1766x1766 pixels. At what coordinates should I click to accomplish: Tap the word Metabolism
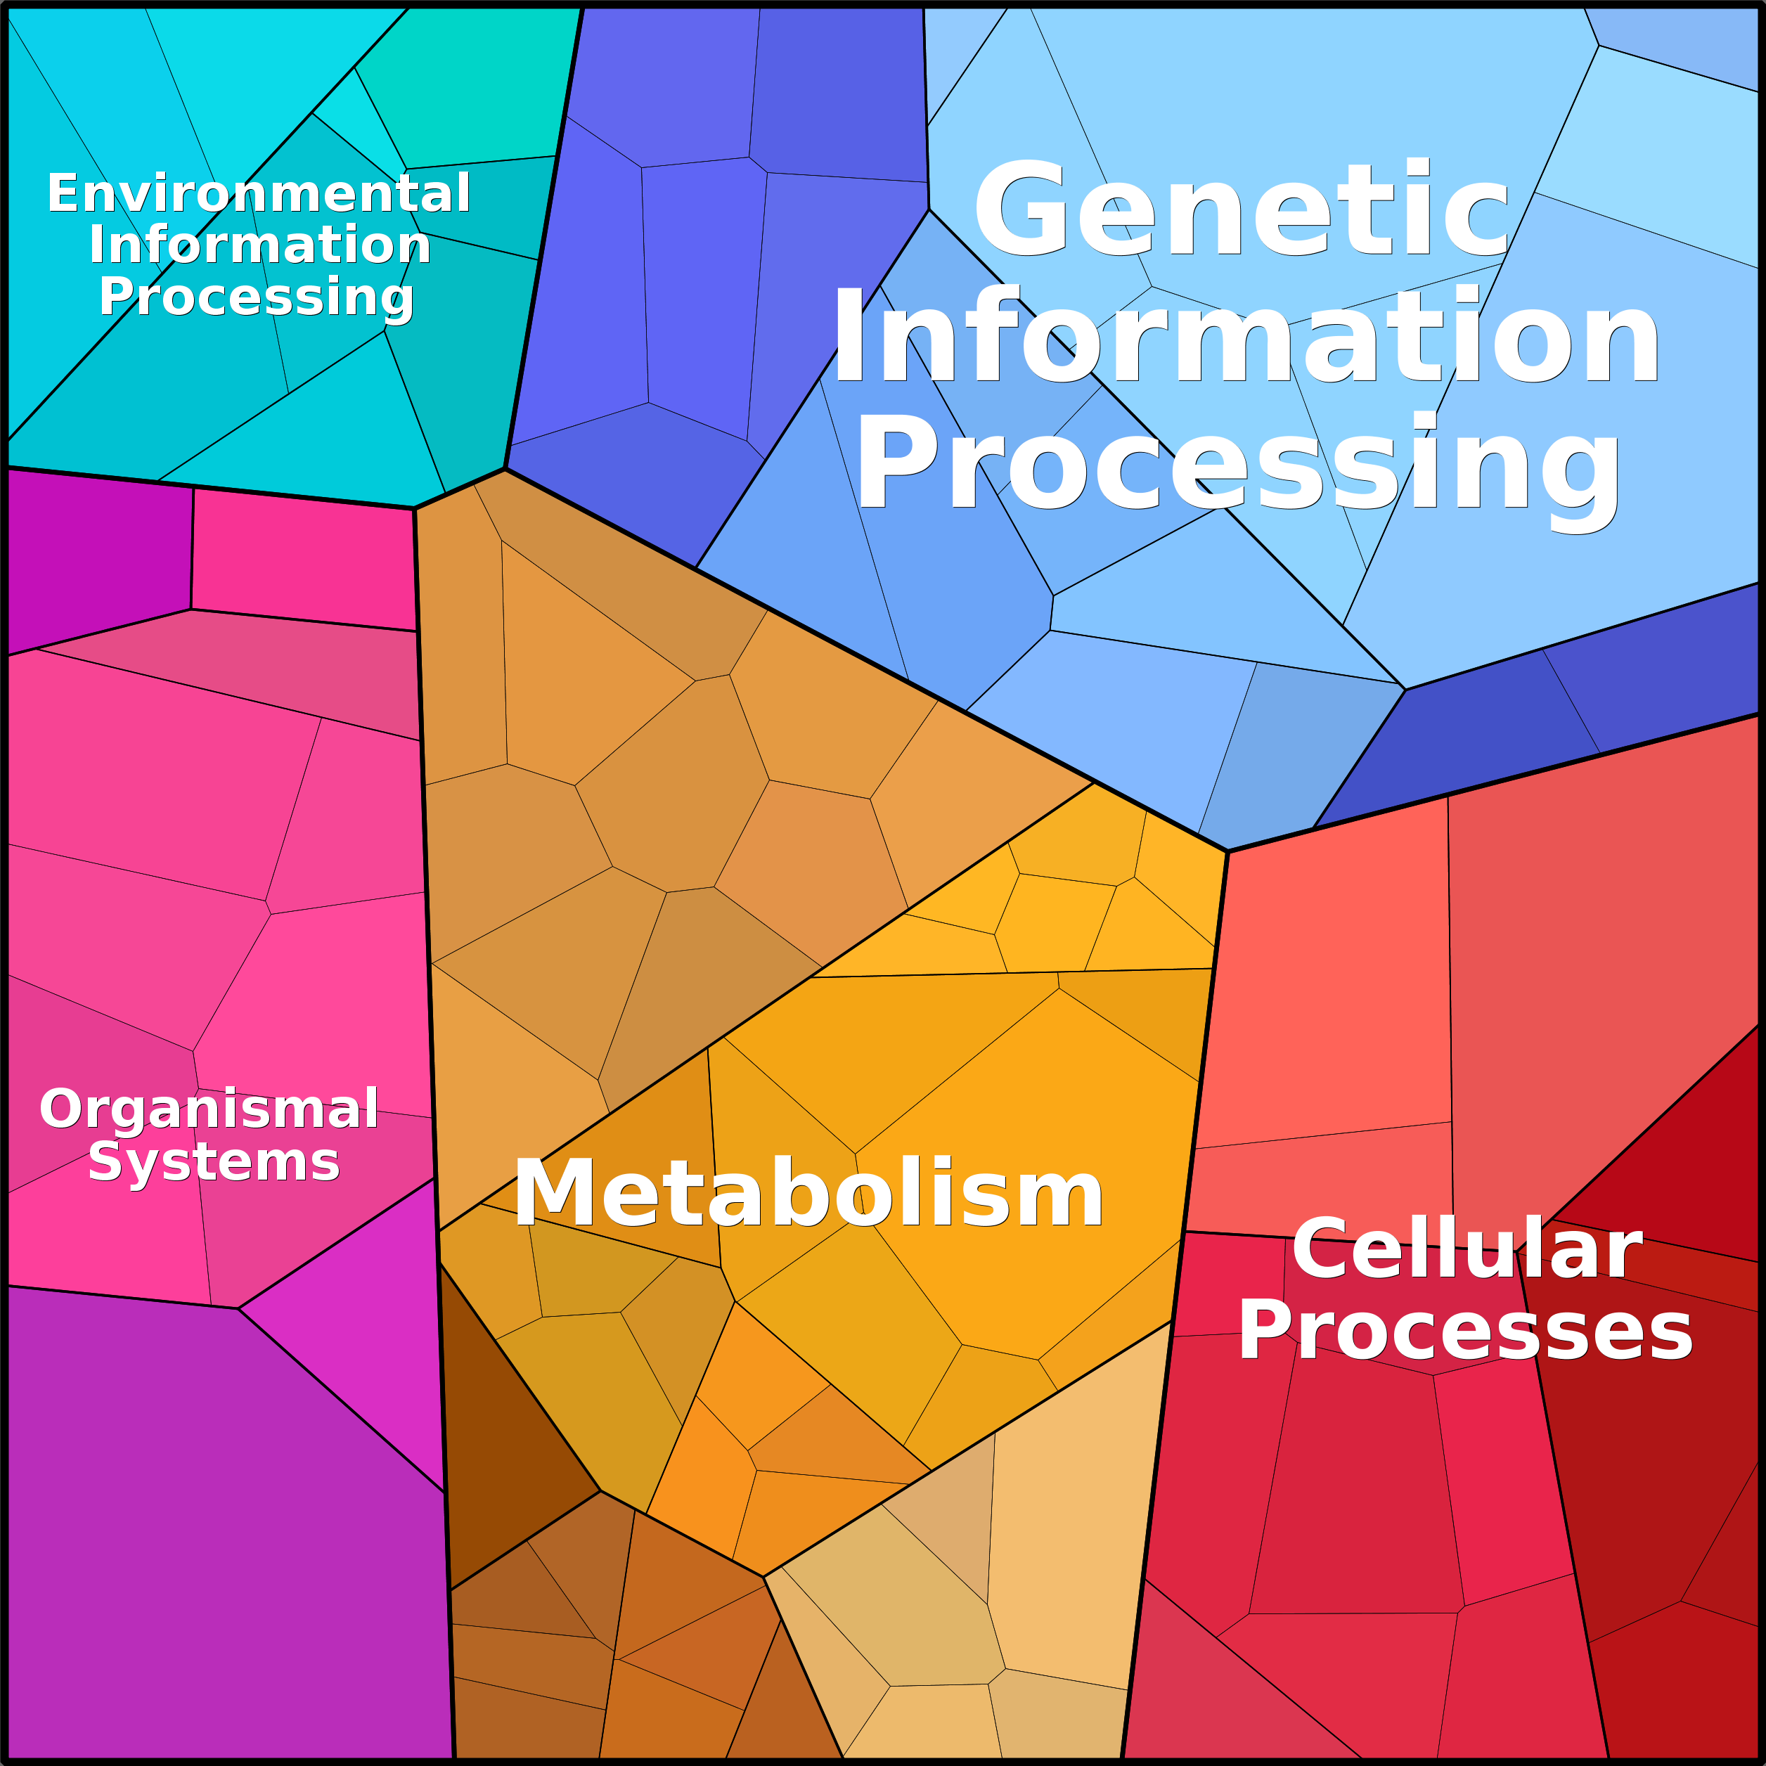click(x=808, y=1193)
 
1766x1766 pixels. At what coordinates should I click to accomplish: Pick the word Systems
click(x=214, y=1162)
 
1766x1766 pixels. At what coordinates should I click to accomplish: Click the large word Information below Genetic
click(x=1245, y=335)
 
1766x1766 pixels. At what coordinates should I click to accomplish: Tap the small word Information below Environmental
click(x=259, y=244)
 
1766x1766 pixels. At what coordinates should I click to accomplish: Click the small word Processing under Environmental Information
click(x=257, y=298)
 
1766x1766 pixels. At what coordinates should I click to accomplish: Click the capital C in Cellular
click(x=1322, y=1249)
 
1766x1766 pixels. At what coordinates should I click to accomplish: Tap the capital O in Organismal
click(x=61, y=1108)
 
